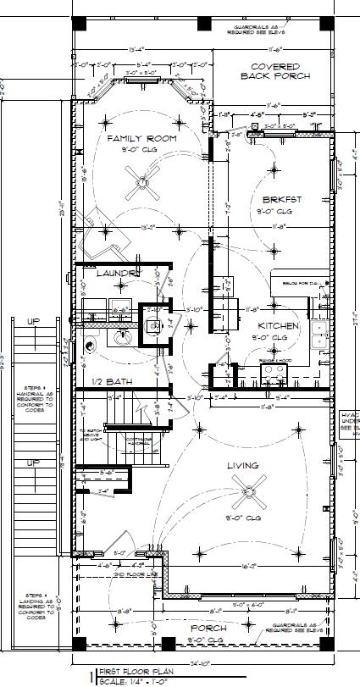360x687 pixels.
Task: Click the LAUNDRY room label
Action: point(117,274)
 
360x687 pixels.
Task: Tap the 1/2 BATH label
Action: point(112,382)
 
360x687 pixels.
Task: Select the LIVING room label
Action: point(242,466)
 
